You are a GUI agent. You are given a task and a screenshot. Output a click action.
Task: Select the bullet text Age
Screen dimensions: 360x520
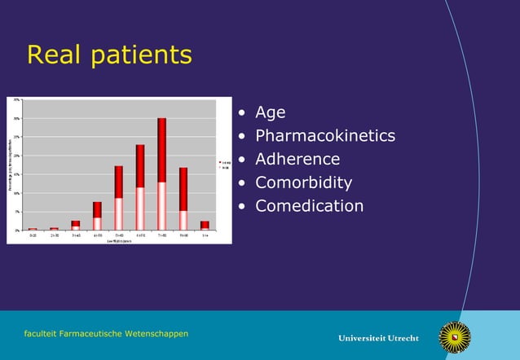point(270,112)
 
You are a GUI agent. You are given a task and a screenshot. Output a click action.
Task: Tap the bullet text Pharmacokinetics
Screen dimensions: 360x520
point(324,136)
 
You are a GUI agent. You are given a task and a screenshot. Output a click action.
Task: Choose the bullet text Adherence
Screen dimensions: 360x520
point(297,159)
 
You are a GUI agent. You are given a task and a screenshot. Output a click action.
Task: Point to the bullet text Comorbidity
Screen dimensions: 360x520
point(303,182)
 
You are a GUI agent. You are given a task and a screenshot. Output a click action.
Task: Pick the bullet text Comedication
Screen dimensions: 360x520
point(309,206)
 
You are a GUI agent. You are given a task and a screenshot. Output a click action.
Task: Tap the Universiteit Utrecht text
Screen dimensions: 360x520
point(378,338)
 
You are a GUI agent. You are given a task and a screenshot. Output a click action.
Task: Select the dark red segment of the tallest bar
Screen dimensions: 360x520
point(161,150)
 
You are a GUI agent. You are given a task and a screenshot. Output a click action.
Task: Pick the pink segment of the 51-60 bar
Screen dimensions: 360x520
point(119,213)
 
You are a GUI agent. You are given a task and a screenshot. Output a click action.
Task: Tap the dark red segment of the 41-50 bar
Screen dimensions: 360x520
point(97,209)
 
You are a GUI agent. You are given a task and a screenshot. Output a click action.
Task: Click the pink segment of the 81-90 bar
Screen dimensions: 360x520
point(183,220)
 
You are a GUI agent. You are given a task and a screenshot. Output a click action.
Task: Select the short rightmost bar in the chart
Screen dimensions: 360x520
point(205,225)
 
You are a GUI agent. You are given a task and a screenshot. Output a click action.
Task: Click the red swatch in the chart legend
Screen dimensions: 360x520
point(221,163)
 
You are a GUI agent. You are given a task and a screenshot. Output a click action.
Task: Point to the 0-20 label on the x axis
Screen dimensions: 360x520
point(33,235)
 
